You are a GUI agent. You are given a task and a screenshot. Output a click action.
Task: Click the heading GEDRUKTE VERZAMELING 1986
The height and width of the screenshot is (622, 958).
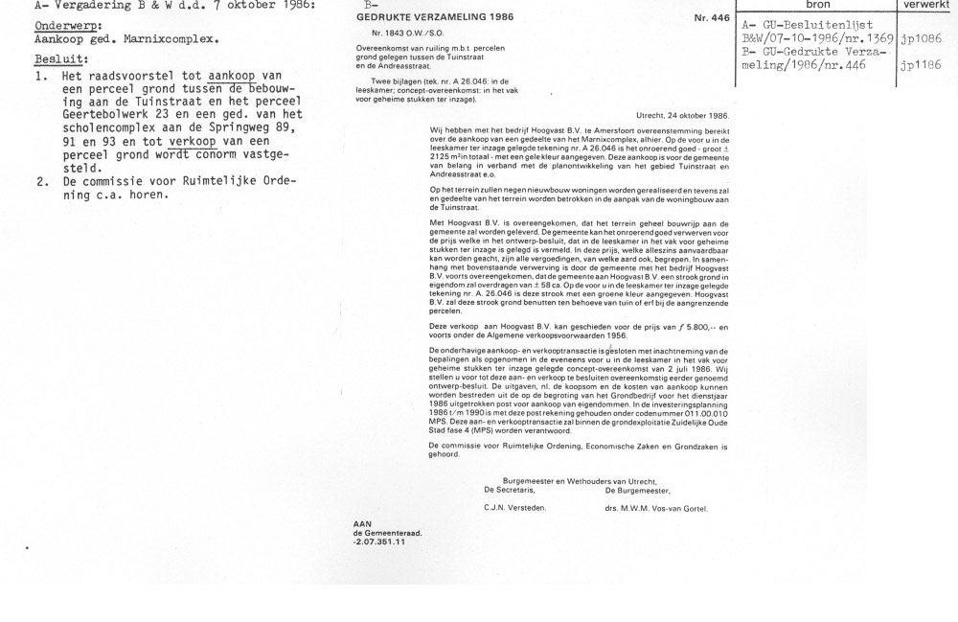415,17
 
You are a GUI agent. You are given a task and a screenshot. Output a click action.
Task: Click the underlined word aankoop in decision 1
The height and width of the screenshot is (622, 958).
233,75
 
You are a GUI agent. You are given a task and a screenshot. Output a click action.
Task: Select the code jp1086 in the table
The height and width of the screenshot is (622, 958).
922,39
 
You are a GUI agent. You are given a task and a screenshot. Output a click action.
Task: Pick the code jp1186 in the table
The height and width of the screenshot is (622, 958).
922,66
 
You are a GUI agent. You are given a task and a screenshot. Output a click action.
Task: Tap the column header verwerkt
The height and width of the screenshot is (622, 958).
924,4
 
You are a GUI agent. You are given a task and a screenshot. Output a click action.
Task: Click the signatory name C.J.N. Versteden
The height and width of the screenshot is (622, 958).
515,507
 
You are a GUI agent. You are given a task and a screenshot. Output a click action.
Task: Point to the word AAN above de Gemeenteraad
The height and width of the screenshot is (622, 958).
362,523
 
